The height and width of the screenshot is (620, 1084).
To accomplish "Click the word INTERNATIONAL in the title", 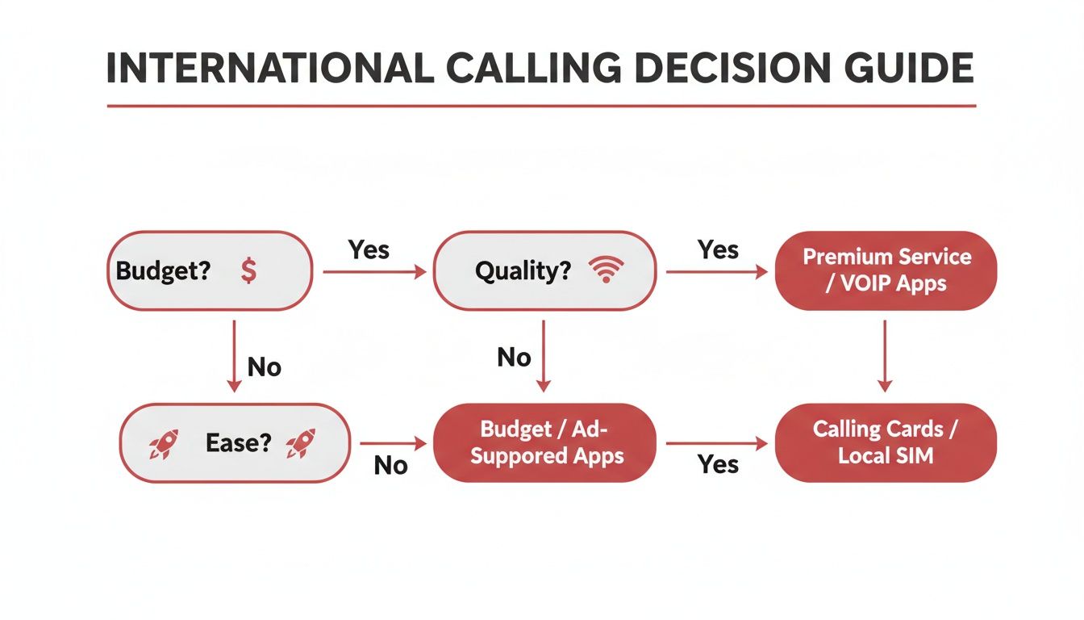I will [x=269, y=69].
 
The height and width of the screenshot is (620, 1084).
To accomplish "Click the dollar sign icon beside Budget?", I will [x=248, y=271].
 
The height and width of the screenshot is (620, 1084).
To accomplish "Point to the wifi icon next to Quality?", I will [x=606, y=271].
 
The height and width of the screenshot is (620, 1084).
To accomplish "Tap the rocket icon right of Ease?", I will [x=301, y=443].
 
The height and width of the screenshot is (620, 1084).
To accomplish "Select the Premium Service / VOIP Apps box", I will [x=886, y=270].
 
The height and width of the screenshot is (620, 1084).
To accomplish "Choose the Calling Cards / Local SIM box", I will [x=886, y=442].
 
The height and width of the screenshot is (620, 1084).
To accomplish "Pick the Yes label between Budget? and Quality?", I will [x=369, y=249].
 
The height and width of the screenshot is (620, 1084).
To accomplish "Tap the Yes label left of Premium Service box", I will [x=718, y=249].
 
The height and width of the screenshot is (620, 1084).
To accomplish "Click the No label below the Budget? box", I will [x=264, y=367].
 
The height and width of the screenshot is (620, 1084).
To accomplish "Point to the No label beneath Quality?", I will [x=514, y=357].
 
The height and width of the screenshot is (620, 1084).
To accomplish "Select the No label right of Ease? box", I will [x=390, y=466].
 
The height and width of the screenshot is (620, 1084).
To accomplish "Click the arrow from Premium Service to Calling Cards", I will [x=885, y=355].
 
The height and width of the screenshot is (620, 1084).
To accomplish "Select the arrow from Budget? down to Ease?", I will [x=234, y=355].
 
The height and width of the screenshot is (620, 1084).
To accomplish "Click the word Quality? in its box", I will [x=523, y=271].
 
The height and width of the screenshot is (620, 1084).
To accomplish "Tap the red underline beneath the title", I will [x=541, y=106].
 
